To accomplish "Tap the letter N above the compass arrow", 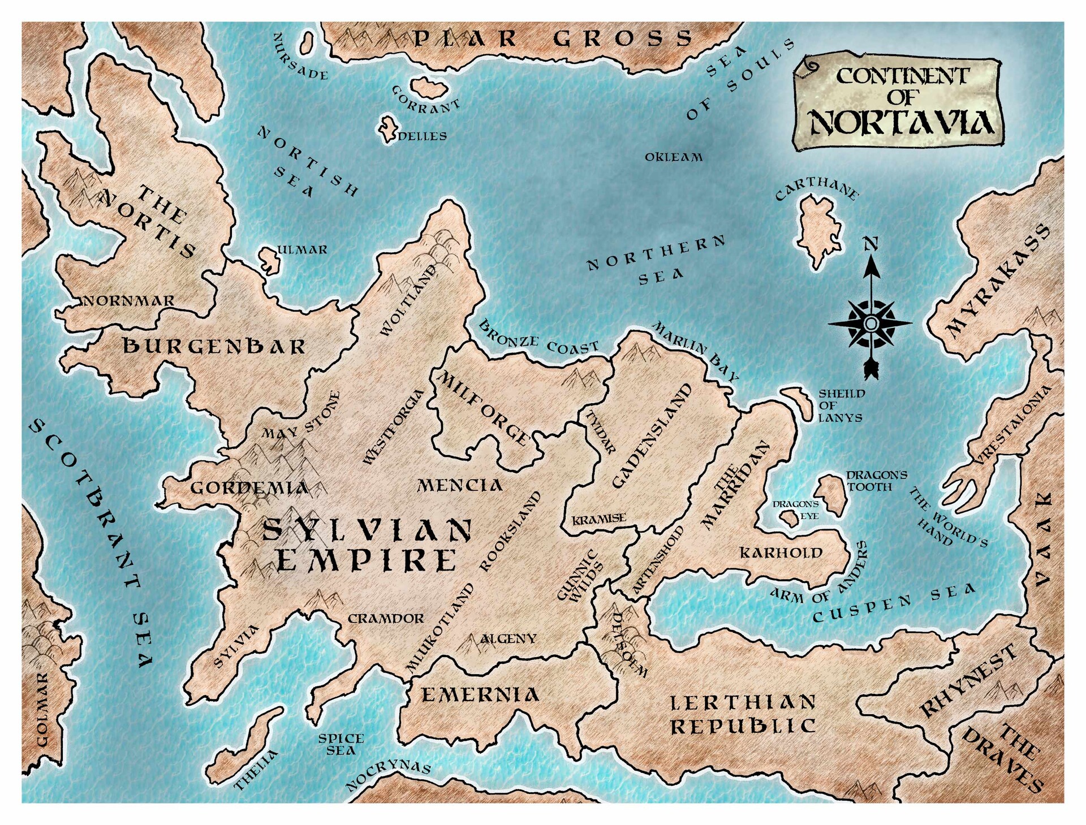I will [871, 244].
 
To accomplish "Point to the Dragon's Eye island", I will [787, 518].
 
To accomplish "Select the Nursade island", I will [308, 43].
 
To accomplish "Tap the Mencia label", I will [460, 485].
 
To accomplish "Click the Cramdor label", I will [386, 619].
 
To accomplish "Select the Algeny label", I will [508, 638].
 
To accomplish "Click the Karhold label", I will [781, 552].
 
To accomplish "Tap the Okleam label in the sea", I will [674, 157].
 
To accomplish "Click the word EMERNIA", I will [480, 694].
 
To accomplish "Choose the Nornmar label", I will [129, 301].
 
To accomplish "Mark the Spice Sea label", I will [341, 744].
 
